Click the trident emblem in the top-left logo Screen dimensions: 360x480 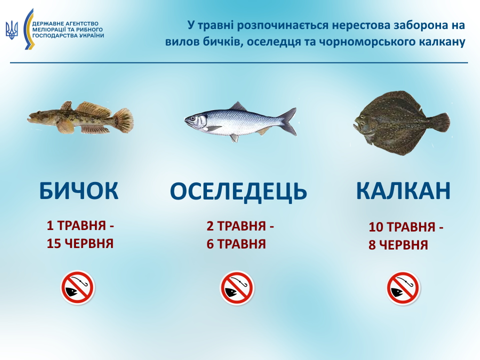(11, 30)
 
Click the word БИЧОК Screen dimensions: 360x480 (79, 190)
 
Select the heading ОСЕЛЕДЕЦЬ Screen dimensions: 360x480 (238, 191)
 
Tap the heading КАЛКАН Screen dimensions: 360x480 (403, 190)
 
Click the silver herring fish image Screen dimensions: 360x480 (240, 121)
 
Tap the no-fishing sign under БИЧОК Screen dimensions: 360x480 (77, 287)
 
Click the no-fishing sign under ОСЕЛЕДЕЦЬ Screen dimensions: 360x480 (237, 288)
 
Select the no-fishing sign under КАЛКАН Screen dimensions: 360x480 (403, 288)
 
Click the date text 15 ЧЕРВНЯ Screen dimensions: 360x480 (80, 244)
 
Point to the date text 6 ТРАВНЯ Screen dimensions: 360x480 (236, 244)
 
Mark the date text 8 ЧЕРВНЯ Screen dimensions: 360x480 (398, 245)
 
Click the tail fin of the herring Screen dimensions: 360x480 (289, 121)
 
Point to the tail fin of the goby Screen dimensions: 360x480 (123, 120)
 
